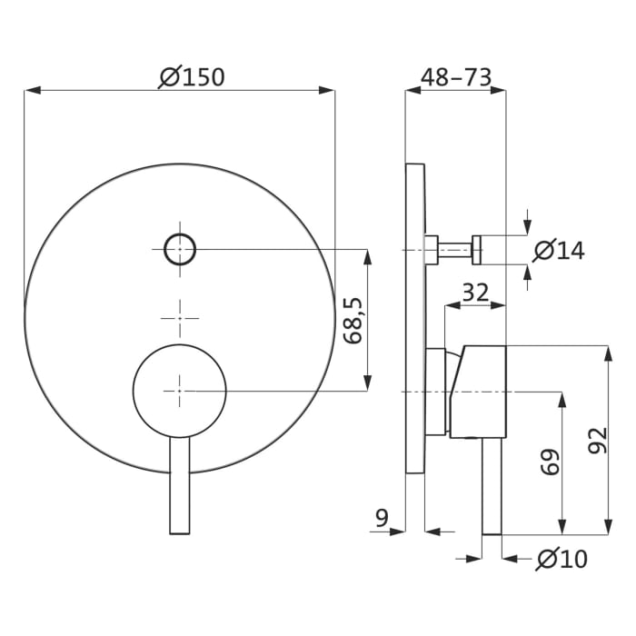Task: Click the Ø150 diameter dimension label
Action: pos(191,77)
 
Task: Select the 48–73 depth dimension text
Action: pos(456,77)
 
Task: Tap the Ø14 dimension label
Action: pos(559,251)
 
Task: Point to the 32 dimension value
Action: pos(475,293)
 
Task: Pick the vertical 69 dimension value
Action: pos(550,461)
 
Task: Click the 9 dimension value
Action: pos(383,517)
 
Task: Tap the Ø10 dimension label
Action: pos(561,559)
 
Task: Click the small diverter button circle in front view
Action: pos(180,248)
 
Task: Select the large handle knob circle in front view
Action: pos(180,390)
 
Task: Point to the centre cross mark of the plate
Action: pos(180,317)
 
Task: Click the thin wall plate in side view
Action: pos(414,318)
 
